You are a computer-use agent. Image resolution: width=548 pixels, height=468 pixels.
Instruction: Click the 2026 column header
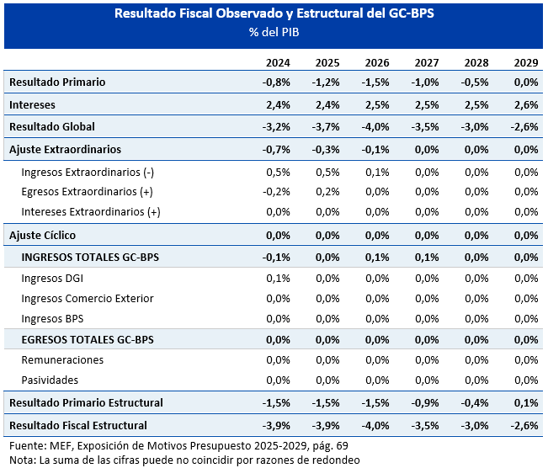377,63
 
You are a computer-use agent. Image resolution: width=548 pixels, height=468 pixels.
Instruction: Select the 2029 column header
526,63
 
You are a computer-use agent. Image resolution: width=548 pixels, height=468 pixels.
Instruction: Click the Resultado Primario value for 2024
276,82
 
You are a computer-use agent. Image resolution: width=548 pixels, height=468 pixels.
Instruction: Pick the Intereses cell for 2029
526,105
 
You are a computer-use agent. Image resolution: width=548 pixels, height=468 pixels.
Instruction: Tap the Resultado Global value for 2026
375,126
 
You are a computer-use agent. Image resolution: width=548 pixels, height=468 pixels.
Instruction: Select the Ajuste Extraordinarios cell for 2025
326,150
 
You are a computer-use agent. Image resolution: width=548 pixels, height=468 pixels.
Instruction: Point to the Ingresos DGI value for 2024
278,279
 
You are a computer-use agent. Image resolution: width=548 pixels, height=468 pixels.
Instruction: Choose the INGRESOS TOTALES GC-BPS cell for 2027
427,258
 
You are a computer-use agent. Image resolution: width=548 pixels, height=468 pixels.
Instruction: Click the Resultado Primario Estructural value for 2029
526,403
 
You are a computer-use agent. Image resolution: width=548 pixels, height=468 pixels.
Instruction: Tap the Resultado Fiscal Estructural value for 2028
475,426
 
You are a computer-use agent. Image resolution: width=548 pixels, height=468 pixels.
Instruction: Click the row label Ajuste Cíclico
42,235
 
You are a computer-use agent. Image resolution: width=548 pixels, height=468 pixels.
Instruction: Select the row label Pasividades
50,380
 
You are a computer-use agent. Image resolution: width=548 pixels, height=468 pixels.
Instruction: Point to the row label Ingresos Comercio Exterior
88,299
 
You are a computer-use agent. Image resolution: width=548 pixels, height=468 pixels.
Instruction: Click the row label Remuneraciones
62,360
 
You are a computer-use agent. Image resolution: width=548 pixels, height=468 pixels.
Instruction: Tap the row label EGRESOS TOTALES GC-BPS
88,340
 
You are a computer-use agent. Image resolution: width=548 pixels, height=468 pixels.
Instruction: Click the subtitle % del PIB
274,32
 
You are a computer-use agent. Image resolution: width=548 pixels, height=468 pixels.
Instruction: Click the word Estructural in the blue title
330,13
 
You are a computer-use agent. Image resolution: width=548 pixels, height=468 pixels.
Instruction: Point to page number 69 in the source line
342,446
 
